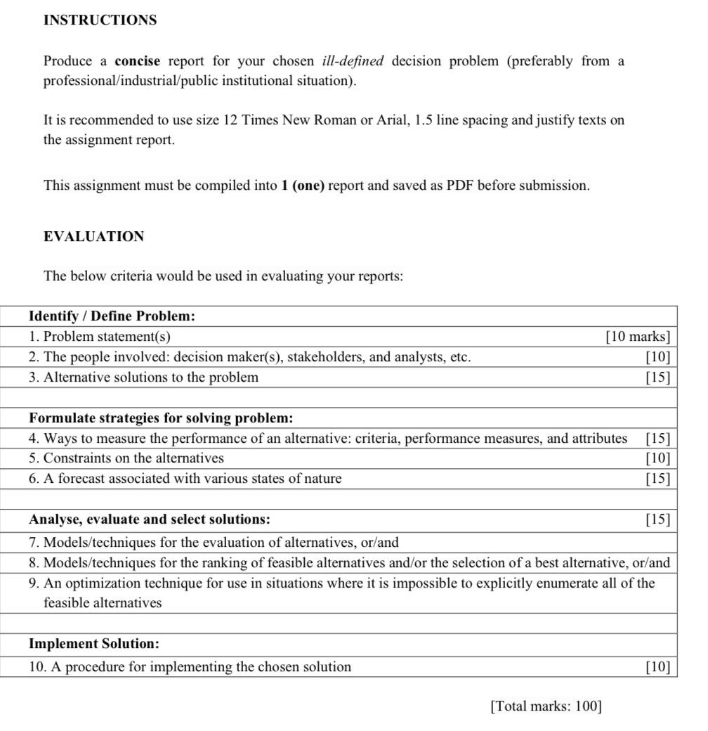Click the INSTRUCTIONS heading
pos(100,20)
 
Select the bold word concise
pos(138,61)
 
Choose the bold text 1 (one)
pos(302,186)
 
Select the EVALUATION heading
pos(93,237)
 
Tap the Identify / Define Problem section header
pos(112,316)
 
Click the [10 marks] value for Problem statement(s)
pos(638,337)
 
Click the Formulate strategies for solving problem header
pos(161,418)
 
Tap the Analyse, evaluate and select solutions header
pos(150,519)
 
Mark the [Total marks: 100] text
pos(546,706)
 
